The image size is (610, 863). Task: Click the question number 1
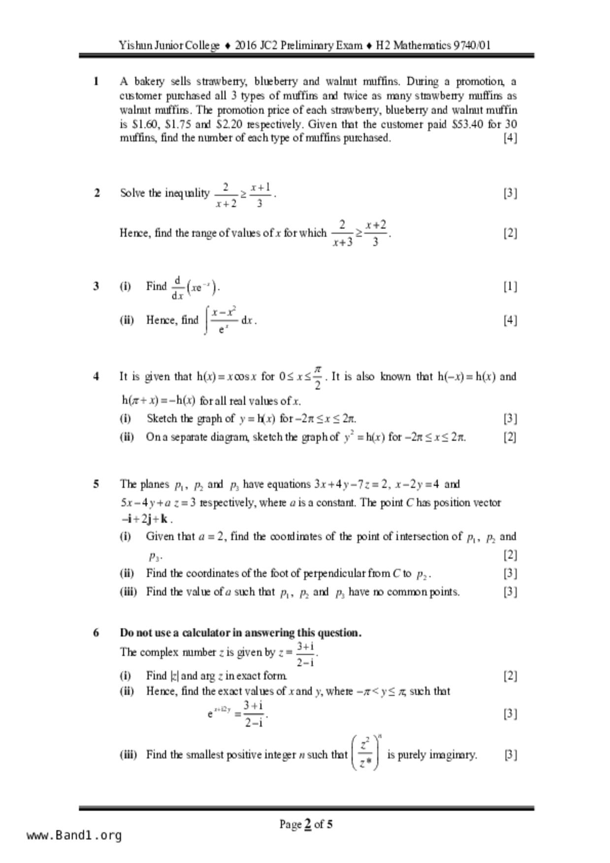point(96,81)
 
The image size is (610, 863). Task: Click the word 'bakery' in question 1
point(149,81)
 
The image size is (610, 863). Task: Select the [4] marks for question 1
point(510,138)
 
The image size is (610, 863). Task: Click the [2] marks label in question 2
point(510,233)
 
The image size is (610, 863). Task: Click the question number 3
point(96,286)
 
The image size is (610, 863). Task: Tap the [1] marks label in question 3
point(510,286)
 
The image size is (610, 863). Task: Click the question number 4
point(96,376)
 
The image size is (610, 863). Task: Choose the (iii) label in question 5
point(128,591)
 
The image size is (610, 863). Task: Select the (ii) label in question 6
point(127,691)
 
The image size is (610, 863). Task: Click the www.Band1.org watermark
point(74,835)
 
